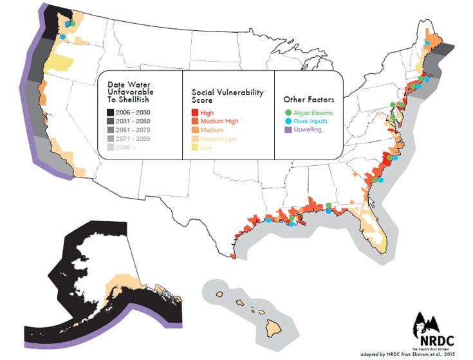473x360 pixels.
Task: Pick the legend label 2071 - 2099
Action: tap(135, 138)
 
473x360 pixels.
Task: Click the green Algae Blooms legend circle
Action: tap(288, 113)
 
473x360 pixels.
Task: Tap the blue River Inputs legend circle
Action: tap(288, 121)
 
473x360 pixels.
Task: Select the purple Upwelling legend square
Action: tap(288, 129)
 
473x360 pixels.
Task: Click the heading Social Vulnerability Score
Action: tap(227, 97)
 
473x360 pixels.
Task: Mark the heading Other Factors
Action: tap(308, 100)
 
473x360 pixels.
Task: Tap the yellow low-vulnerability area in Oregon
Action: tap(58, 62)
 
